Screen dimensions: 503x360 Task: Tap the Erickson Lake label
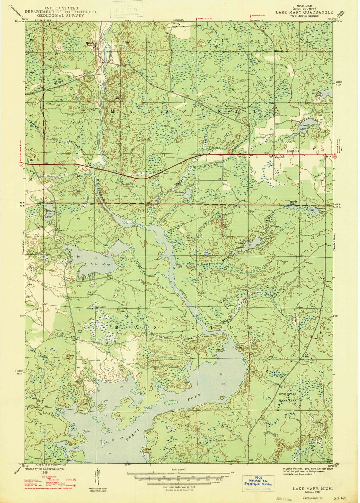click(240, 245)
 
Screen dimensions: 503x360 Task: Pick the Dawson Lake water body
click(188, 195)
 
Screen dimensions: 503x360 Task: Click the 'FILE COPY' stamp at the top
click(126, 9)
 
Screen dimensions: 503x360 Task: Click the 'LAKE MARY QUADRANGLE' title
click(304, 12)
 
